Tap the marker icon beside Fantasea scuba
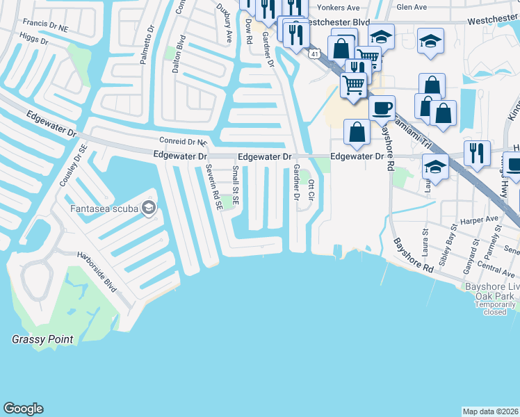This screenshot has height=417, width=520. tap(147, 208)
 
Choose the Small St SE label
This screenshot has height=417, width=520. tap(236, 186)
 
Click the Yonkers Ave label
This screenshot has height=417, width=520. tap(340, 8)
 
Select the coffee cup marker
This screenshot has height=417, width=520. tap(382, 108)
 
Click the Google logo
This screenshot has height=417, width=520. tap(23, 409)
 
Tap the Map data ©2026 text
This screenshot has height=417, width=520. tap(490, 411)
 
